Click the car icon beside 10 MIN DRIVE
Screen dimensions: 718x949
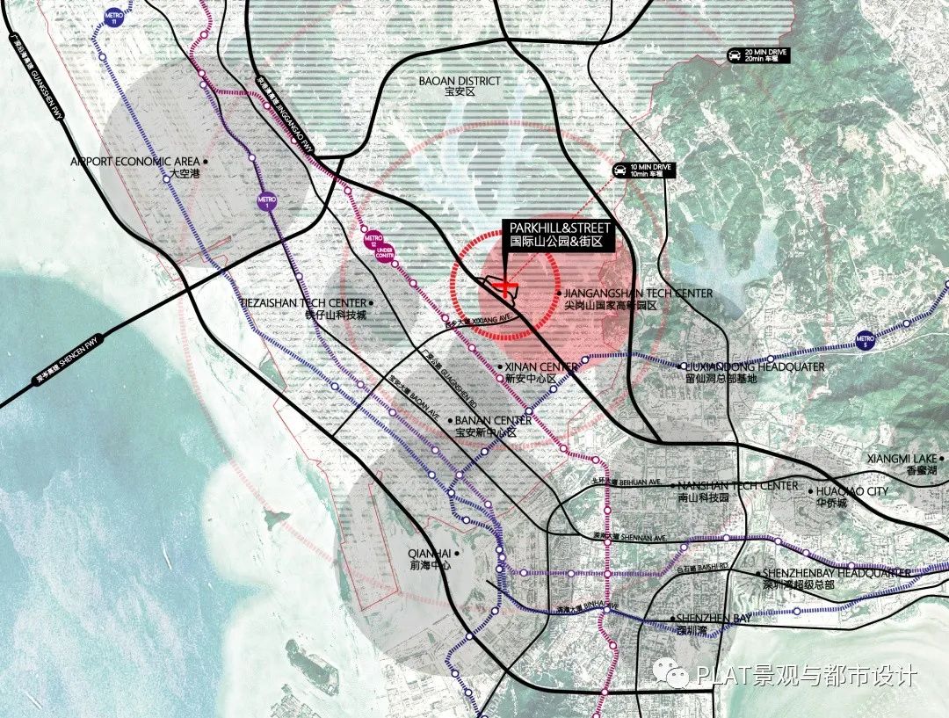pyautogui.click(x=620, y=170)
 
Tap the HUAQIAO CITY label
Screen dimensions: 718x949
pyautogui.click(x=851, y=491)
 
